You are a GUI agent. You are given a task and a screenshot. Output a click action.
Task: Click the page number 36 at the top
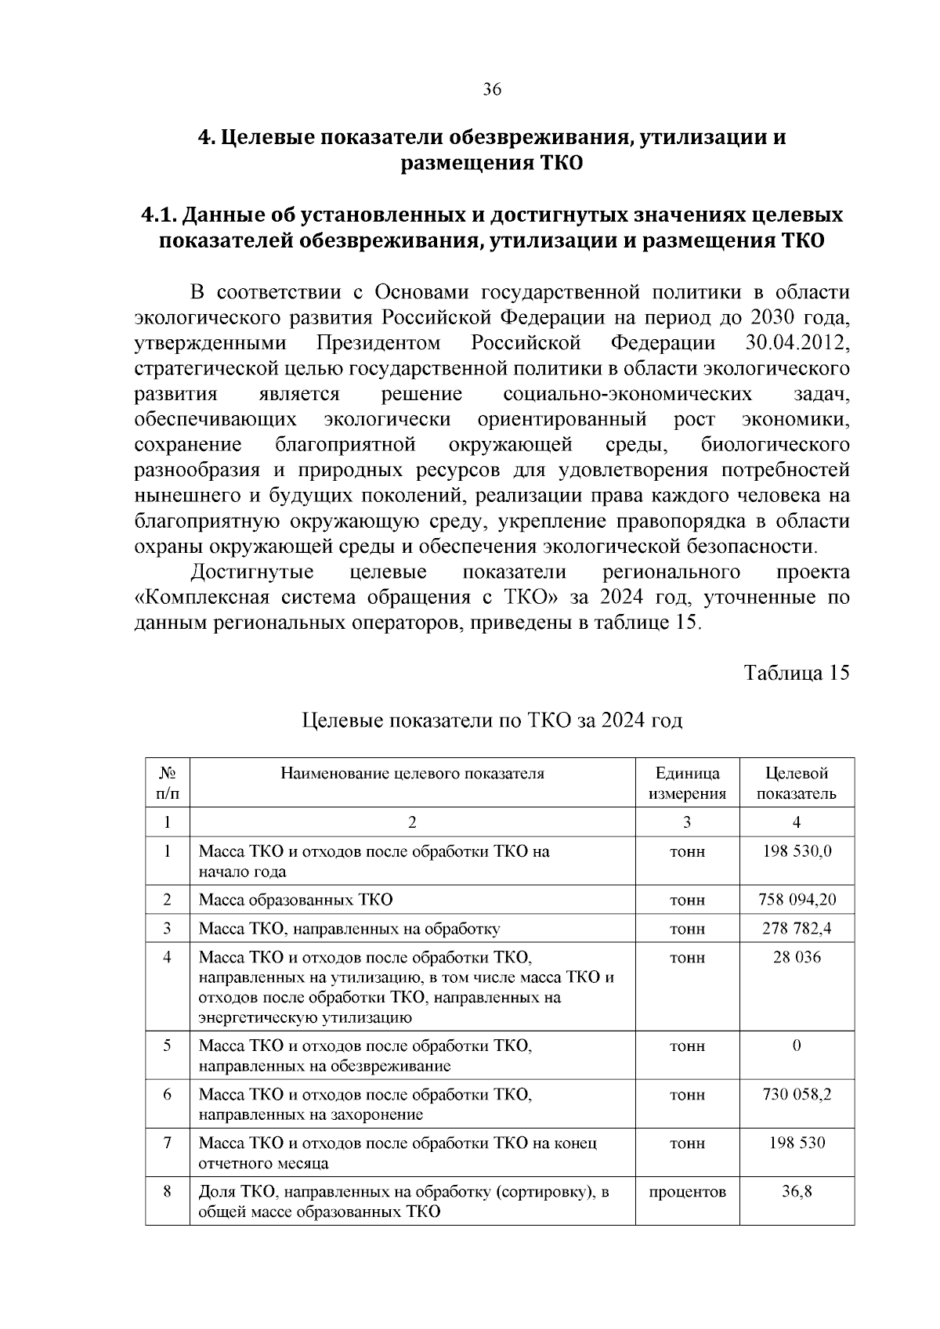492,89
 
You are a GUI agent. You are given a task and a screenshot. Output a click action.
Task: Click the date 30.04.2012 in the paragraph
794,343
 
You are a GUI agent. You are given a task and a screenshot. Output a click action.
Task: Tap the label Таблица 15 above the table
797,674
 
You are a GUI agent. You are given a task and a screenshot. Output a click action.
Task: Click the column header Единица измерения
687,783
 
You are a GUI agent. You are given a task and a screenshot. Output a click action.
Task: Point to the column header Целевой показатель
797,783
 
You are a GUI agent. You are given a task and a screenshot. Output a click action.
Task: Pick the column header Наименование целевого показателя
412,774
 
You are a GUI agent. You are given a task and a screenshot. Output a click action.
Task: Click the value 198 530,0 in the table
797,851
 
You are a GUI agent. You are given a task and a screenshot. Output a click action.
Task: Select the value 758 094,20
797,899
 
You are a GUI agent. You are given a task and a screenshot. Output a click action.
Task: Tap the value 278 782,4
797,929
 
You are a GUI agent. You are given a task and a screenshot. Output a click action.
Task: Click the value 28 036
797,957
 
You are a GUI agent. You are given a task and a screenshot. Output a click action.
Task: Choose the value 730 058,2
797,1094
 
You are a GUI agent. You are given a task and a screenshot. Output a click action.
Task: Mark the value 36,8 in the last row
797,1191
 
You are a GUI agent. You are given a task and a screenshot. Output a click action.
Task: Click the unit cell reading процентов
687,1191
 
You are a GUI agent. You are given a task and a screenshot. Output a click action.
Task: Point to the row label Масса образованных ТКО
295,899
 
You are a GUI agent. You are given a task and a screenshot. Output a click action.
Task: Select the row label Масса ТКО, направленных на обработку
349,929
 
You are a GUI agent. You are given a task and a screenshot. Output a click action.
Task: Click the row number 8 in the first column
167,1191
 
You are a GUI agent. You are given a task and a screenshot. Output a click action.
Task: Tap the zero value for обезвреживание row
797,1046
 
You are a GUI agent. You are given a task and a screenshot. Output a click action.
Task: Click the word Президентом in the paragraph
378,343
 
